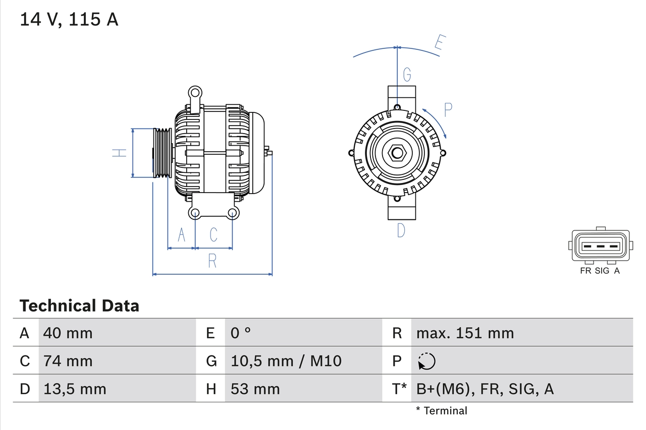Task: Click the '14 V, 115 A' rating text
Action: [69, 19]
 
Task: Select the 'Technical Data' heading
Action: [79, 305]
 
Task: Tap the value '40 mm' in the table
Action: [68, 333]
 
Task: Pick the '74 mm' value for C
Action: [68, 361]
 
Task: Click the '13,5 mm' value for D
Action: [75, 389]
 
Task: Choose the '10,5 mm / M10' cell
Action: [286, 361]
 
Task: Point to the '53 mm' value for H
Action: [255, 389]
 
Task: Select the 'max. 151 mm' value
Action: [465, 333]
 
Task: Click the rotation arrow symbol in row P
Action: [426, 361]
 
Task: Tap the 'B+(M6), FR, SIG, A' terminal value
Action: [484, 389]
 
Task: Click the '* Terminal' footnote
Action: [442, 411]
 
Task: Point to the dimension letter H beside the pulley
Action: [119, 153]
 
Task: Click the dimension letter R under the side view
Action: [212, 261]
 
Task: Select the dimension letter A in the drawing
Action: [181, 234]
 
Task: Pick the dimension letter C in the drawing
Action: [213, 234]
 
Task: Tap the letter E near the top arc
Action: [439, 44]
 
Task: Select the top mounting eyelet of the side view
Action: [195, 93]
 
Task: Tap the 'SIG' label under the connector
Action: [602, 271]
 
